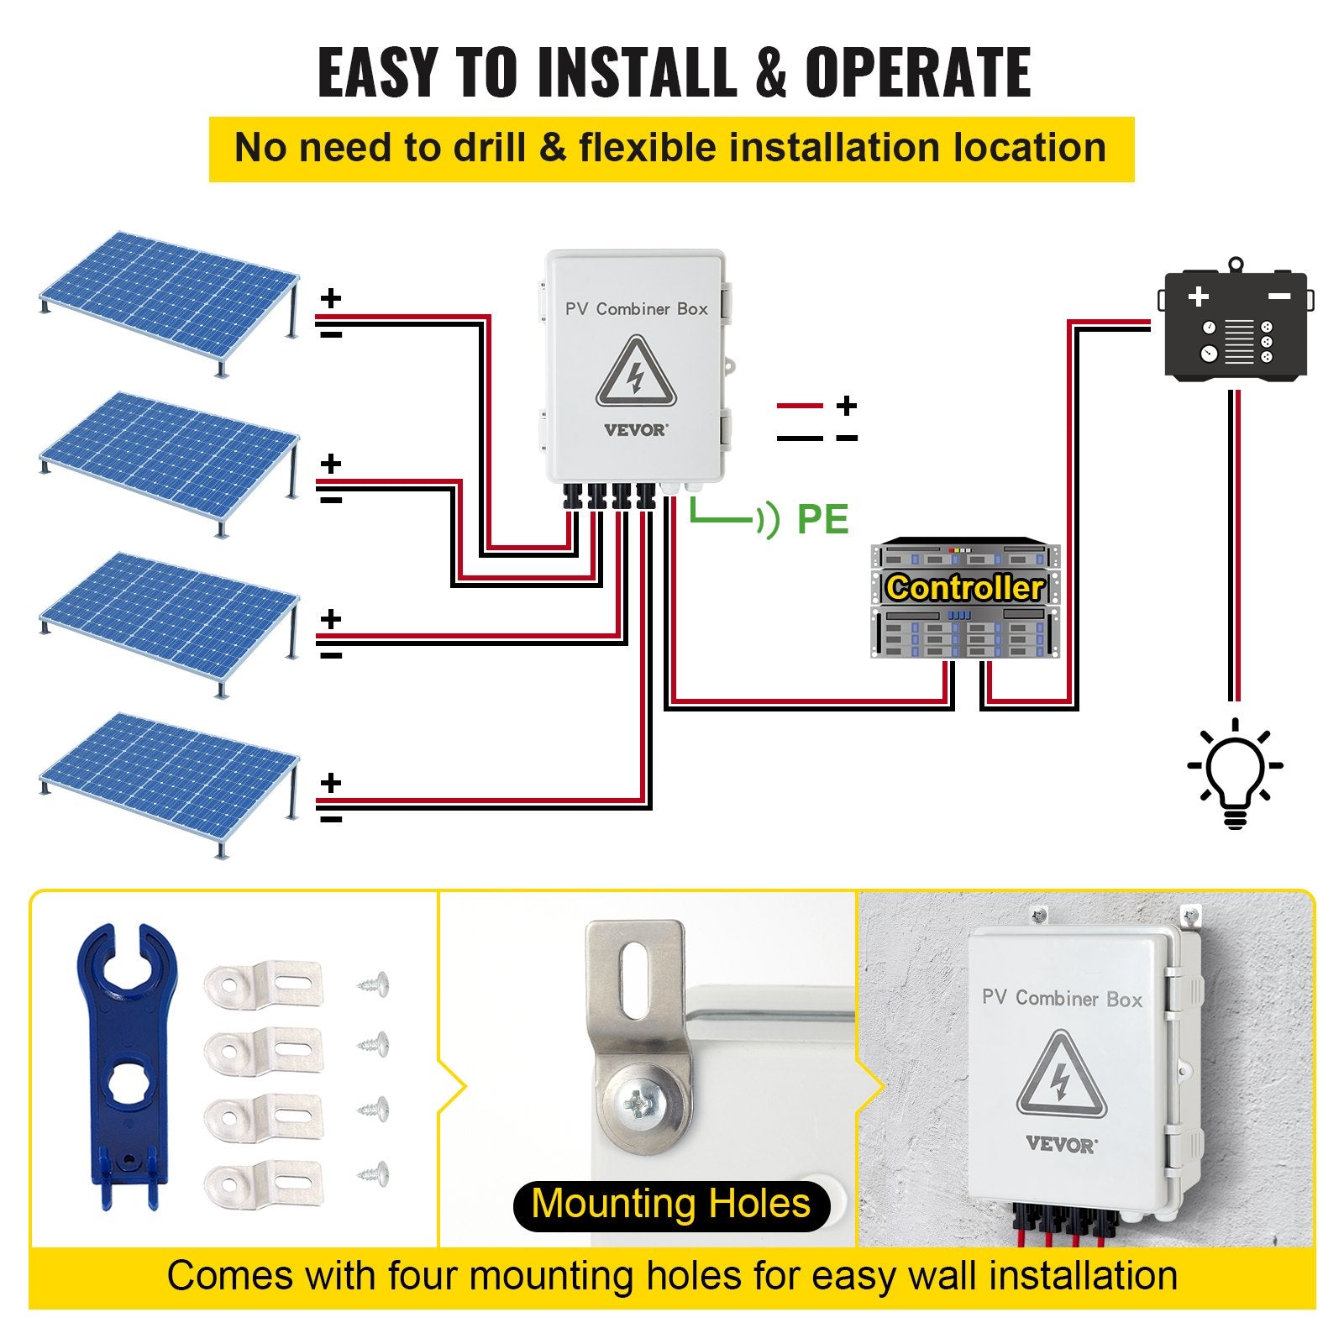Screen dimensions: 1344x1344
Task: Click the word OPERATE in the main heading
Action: click(x=917, y=72)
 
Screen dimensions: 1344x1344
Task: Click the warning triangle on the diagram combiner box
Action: click(x=636, y=372)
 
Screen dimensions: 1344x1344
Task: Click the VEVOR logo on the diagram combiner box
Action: click(x=636, y=430)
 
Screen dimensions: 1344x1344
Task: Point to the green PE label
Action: click(x=822, y=518)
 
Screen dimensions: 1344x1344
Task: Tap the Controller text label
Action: click(x=964, y=588)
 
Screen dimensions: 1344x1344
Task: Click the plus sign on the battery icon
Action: click(x=1198, y=297)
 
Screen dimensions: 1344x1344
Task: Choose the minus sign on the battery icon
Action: click(x=1278, y=297)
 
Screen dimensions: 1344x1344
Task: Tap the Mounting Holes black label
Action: click(x=670, y=1203)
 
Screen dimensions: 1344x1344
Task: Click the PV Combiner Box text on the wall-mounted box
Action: click(x=1062, y=999)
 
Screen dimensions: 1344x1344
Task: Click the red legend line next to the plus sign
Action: click(x=800, y=407)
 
